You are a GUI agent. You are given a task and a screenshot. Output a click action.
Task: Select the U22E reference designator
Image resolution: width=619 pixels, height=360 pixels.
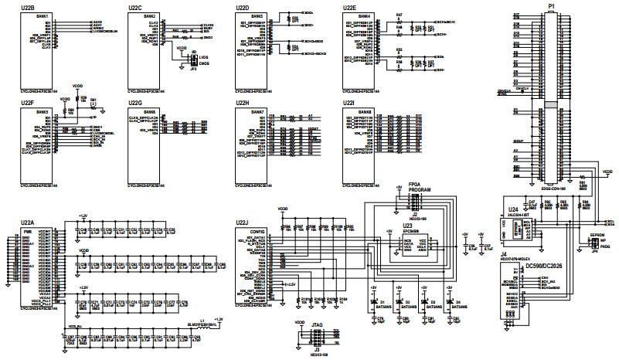(x=349, y=7)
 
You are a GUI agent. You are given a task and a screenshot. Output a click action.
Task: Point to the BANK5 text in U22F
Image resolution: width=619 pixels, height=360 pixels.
(x=42, y=112)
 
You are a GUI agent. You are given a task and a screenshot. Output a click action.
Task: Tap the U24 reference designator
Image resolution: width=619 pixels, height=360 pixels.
(x=513, y=209)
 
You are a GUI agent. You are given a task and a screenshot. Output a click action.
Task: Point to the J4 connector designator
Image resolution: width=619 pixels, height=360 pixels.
(x=503, y=253)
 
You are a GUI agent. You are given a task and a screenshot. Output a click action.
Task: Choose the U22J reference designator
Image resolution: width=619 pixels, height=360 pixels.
(x=242, y=222)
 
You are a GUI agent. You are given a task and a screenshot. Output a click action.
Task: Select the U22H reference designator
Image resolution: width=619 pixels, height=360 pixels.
(x=242, y=103)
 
